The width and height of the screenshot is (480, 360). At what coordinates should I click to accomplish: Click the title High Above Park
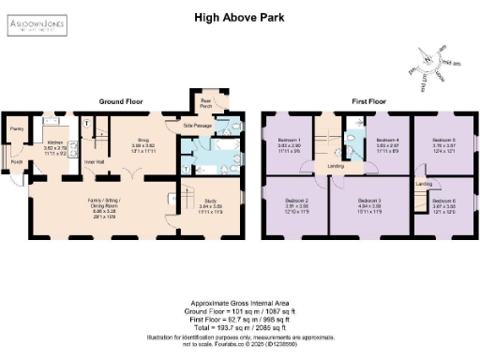239,17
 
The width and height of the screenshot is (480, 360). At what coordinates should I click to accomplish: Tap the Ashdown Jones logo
38,24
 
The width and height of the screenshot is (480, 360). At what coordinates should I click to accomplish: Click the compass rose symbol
433,65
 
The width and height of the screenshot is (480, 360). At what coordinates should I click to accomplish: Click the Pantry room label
16,128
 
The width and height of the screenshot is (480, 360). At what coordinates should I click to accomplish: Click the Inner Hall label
94,162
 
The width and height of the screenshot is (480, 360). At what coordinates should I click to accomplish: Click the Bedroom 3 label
370,201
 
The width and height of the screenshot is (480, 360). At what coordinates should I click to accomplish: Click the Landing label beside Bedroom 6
422,185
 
